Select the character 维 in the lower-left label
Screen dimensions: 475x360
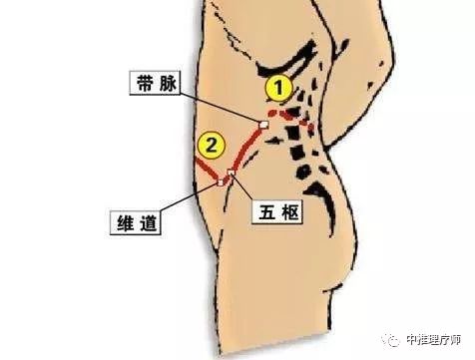[121, 221]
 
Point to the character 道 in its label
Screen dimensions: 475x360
[144, 221]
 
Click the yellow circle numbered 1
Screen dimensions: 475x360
[281, 90]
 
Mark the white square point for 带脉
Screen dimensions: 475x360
[264, 125]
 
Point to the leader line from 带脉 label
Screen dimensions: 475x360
[220, 104]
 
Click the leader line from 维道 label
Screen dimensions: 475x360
[190, 199]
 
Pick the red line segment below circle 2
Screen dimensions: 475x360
[204, 174]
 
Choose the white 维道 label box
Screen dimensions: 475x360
[133, 221]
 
